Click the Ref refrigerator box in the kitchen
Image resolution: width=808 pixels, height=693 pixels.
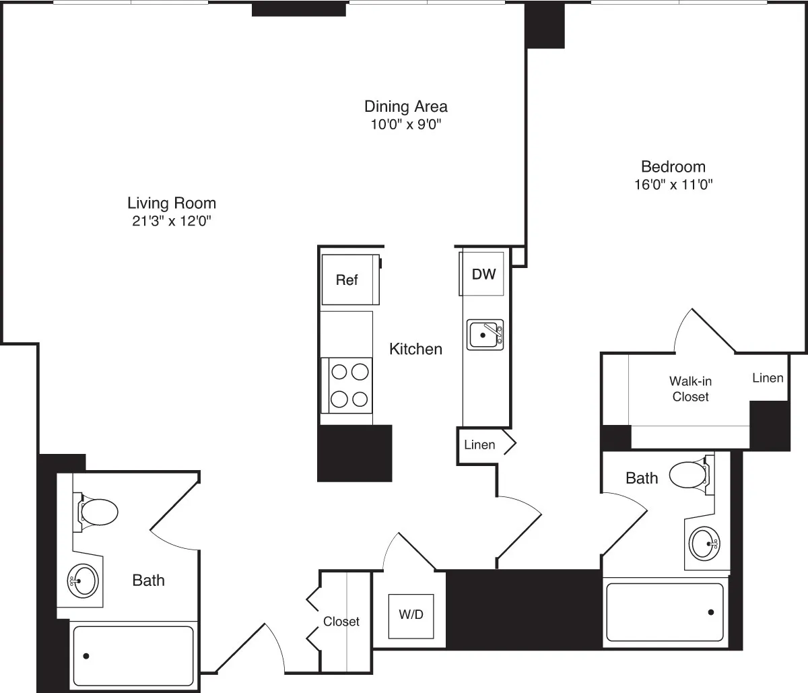click(347, 279)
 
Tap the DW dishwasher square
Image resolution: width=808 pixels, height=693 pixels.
click(483, 273)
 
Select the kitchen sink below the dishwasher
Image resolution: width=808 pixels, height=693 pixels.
click(485, 335)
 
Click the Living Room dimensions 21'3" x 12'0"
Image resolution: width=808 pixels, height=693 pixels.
click(172, 220)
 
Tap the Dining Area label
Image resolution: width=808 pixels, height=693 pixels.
click(405, 106)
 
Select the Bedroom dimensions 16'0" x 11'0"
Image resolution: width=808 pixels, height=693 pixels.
click(673, 185)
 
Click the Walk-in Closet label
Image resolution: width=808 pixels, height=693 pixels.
click(690, 389)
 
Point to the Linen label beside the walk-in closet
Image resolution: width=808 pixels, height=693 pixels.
click(768, 378)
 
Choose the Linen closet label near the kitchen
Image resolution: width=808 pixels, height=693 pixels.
click(479, 444)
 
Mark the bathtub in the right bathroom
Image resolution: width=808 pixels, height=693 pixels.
click(665, 612)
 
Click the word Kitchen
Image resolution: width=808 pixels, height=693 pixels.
click(416, 349)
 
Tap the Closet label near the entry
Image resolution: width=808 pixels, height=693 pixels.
click(341, 622)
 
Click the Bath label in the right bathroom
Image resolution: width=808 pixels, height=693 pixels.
click(642, 478)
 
